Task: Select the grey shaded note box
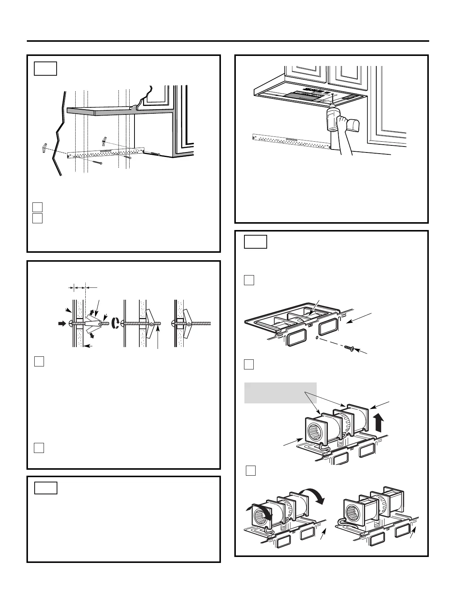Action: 280,393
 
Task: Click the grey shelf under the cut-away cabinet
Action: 101,111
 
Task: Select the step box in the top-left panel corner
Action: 45,69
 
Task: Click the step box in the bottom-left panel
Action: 46,488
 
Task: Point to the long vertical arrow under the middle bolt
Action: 158,337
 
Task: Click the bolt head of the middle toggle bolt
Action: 122,323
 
